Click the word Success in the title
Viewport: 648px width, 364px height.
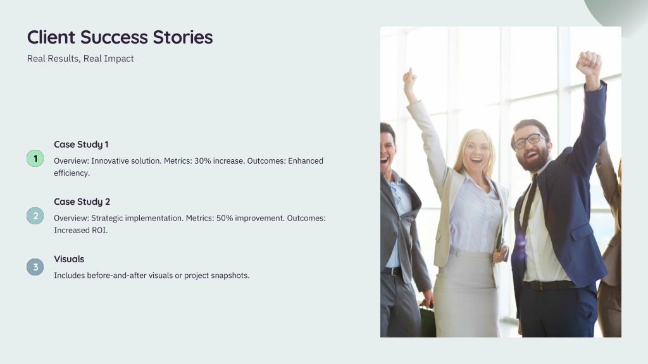tap(114, 37)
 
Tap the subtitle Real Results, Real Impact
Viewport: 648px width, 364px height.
tap(80, 59)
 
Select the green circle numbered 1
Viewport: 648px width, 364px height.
tap(35, 159)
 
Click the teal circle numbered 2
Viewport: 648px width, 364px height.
tap(35, 216)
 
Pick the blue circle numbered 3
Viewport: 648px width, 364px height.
tap(35, 267)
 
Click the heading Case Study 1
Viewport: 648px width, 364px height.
tap(81, 145)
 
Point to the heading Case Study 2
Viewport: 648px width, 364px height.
tap(82, 202)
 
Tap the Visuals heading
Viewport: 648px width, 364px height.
tap(69, 259)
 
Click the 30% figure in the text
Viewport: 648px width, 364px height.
tap(202, 161)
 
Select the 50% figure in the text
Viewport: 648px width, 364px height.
tap(224, 218)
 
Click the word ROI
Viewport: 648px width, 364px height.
tap(99, 230)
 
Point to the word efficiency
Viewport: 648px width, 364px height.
tap(72, 173)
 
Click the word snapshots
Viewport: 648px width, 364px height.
tap(230, 276)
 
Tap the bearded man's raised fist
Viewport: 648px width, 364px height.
tap(589, 63)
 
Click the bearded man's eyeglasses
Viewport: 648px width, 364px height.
tap(528, 141)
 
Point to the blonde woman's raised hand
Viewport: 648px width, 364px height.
tap(409, 80)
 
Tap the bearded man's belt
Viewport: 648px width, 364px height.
tap(550, 285)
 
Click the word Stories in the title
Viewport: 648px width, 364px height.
tap(183, 37)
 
